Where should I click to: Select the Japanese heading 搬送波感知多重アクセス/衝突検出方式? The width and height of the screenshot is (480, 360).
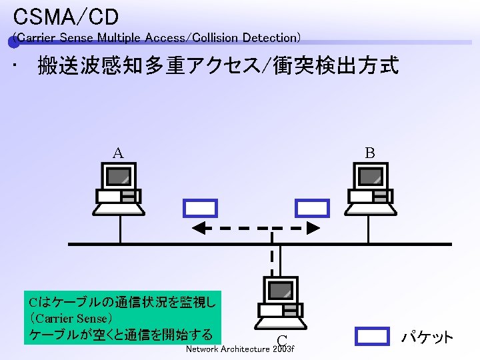point(218,66)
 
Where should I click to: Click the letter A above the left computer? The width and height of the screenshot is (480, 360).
point(117,153)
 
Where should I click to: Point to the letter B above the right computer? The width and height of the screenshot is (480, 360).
point(369,153)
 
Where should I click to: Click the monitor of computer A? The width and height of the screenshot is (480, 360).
point(118,176)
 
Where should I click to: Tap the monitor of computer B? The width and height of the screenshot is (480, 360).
point(369,176)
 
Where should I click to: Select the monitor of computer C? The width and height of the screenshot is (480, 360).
point(281,290)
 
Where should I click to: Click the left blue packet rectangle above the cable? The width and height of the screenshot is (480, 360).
point(201,208)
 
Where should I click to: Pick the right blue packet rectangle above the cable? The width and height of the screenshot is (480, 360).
point(313,208)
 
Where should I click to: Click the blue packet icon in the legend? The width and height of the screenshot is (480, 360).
point(371,336)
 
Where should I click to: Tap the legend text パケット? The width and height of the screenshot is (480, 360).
point(427,337)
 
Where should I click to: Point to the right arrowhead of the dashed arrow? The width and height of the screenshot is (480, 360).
point(315,229)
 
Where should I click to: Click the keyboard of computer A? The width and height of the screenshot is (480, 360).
point(118,209)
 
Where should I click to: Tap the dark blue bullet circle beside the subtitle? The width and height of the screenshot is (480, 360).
point(13,43)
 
